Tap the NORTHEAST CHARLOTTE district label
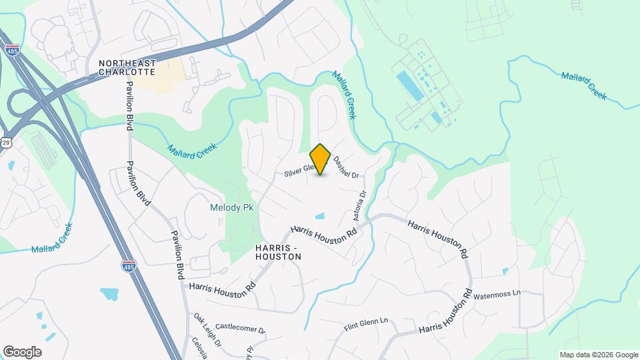pyautogui.click(x=127, y=67)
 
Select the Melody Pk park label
pyautogui.click(x=231, y=208)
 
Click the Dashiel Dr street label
pyautogui.click(x=346, y=167)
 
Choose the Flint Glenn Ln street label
pyautogui.click(x=365, y=325)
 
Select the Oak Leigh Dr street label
pyautogui.click(x=207, y=330)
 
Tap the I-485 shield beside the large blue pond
pyautogui.click(x=130, y=266)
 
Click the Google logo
pyautogui.click(x=21, y=352)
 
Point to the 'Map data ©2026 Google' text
pyautogui.click(x=598, y=355)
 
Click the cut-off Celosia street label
pyautogui.click(x=198, y=349)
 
